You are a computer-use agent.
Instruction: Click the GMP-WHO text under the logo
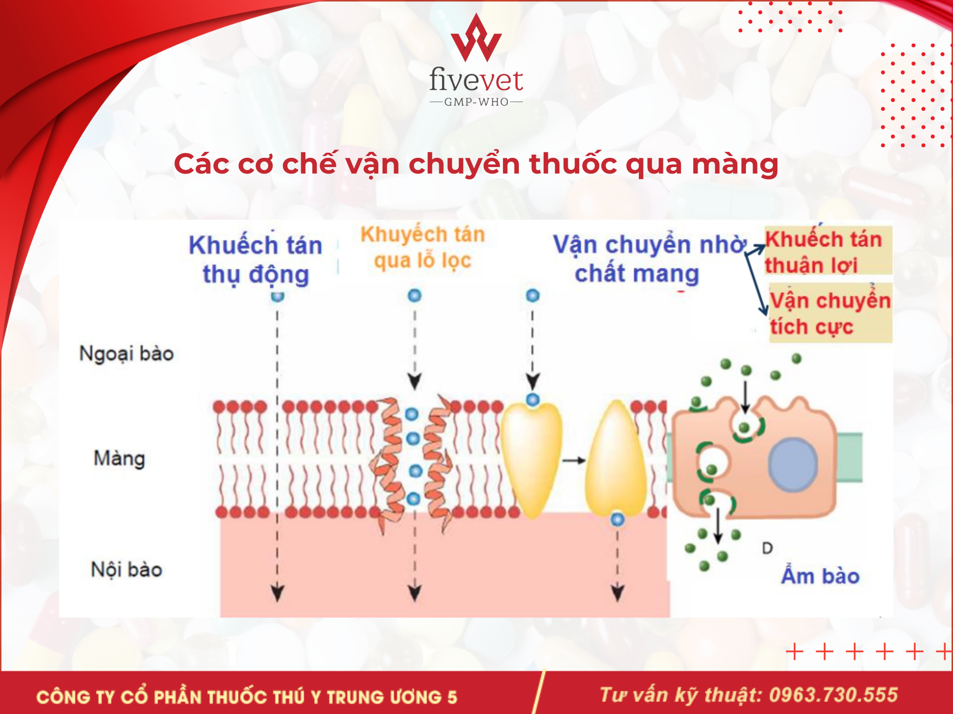tap(476, 102)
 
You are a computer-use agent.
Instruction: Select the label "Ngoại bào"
tap(127, 354)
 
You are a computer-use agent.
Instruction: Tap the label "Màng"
tap(119, 459)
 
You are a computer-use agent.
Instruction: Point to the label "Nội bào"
tap(127, 570)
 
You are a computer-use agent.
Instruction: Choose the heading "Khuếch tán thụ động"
tap(255, 259)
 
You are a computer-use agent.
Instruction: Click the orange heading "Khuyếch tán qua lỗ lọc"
tap(423, 247)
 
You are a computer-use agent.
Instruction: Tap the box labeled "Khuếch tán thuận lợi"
tap(828, 251)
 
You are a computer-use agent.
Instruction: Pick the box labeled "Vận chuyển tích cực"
tap(830, 312)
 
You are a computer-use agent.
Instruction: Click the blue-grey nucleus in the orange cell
tap(793, 464)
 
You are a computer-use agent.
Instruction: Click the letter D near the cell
tap(767, 548)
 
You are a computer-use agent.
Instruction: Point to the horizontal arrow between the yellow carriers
tap(574, 460)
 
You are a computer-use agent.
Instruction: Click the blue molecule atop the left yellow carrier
tap(533, 399)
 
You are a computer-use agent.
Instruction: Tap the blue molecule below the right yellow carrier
tap(618, 519)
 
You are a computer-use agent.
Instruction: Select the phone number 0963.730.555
tap(833, 695)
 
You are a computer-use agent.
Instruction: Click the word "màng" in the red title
tap(735, 165)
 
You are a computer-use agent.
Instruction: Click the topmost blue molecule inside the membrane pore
tap(412, 414)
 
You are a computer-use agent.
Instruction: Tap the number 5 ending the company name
tap(452, 697)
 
